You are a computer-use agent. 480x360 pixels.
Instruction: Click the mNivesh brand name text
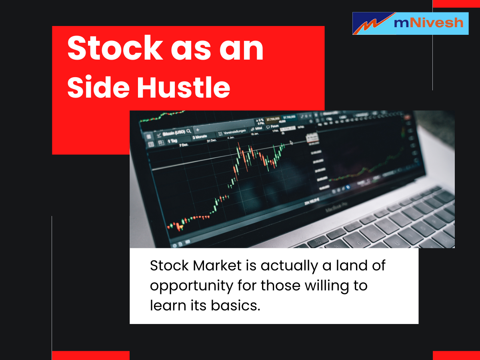pos(428,23)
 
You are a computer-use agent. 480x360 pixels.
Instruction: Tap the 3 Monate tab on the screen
pos(200,137)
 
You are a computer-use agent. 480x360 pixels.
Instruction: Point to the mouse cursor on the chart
pos(291,142)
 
